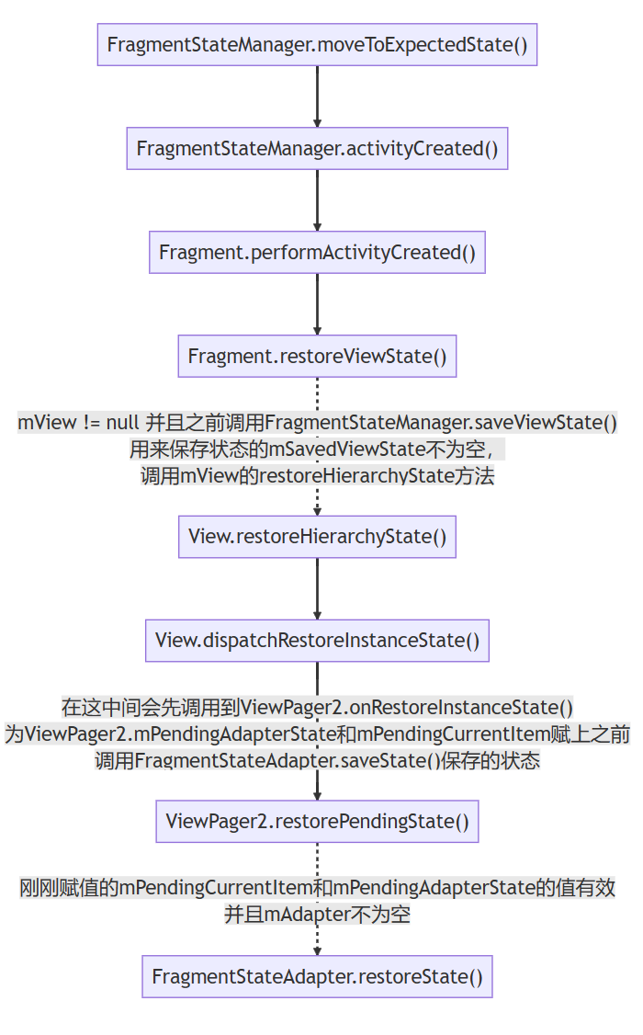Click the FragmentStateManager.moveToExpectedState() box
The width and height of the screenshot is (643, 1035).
click(x=317, y=44)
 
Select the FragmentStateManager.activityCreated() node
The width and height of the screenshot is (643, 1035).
click(x=317, y=148)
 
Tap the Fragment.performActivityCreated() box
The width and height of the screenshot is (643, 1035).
click(x=317, y=252)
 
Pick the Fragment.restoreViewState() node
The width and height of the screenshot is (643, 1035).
click(x=317, y=356)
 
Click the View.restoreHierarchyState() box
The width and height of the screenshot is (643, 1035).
click(x=317, y=537)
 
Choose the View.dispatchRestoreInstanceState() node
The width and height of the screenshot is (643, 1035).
click(x=317, y=641)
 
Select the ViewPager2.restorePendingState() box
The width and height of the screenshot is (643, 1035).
click(x=317, y=821)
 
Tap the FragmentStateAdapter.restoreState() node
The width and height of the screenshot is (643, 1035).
click(x=317, y=976)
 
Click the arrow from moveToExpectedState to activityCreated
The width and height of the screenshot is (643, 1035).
click(x=317, y=96)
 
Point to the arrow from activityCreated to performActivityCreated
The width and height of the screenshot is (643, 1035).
click(x=317, y=199)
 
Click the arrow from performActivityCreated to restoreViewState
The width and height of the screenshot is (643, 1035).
click(x=317, y=303)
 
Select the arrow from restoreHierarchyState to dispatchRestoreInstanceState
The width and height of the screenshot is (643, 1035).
click(x=317, y=588)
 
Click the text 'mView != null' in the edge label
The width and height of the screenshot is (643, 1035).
click(x=77, y=423)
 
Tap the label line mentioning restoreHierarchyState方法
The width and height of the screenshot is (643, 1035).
click(x=317, y=476)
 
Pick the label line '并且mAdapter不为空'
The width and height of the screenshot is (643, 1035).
click(x=317, y=915)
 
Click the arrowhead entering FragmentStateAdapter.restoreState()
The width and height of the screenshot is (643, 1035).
click(x=317, y=949)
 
